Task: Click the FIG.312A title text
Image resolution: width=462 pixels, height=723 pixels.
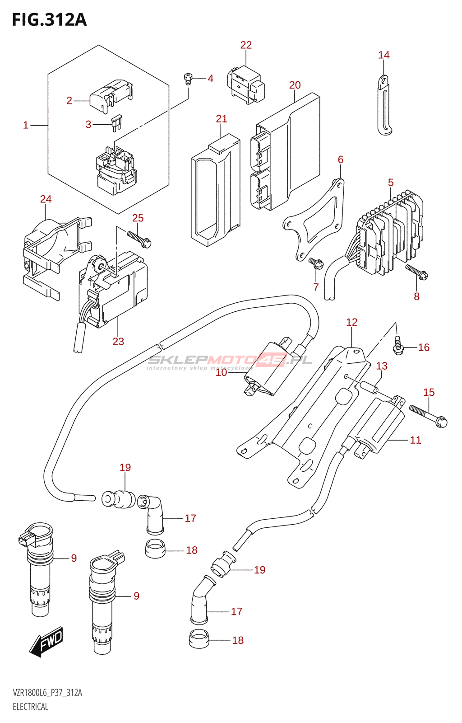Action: tap(49, 20)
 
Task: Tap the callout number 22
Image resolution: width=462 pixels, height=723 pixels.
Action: tap(246, 45)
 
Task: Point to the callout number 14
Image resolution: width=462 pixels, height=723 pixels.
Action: tap(383, 55)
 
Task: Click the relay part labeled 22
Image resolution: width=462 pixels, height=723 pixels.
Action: tap(247, 85)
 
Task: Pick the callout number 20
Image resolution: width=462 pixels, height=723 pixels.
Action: tap(295, 85)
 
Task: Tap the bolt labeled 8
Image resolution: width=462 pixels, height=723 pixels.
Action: tap(416, 272)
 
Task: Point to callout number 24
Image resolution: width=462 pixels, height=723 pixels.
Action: tap(46, 199)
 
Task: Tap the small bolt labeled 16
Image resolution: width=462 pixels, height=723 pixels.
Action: tap(397, 346)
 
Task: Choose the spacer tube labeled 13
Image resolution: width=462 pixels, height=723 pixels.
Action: tap(369, 388)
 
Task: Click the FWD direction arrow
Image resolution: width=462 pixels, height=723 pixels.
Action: tap(47, 641)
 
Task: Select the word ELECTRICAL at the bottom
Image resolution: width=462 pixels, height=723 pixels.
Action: tap(30, 707)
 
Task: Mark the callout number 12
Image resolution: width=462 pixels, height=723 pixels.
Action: tap(351, 322)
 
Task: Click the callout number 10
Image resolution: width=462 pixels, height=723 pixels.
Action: tap(221, 373)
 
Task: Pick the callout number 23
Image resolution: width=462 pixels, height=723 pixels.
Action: tap(118, 342)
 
